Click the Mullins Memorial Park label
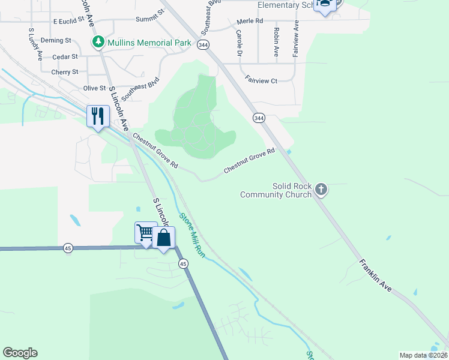click(x=149, y=43)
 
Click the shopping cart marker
click(x=146, y=232)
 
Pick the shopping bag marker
click(x=164, y=238)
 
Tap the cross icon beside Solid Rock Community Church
click(x=321, y=190)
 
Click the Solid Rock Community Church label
click(x=276, y=190)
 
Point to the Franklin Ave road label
click(x=376, y=276)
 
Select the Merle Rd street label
click(x=250, y=21)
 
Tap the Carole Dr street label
click(x=239, y=42)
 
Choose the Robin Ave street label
click(x=276, y=42)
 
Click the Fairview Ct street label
click(x=261, y=80)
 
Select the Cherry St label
click(x=65, y=72)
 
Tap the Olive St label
click(x=94, y=88)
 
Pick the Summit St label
click(x=149, y=15)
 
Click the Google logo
click(x=20, y=353)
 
